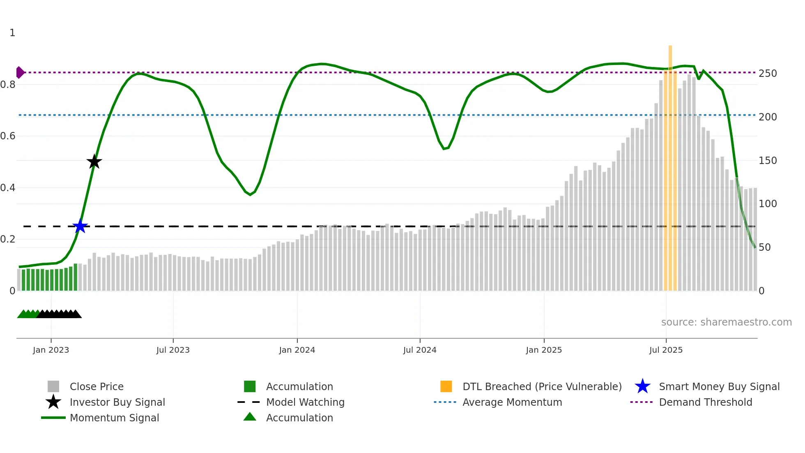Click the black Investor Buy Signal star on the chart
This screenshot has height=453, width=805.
[x=94, y=162]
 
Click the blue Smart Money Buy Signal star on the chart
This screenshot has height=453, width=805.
[x=80, y=226]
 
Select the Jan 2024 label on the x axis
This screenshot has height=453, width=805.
[x=297, y=350]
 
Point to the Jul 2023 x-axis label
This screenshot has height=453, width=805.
[x=173, y=350]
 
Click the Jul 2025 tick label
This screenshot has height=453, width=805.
[x=666, y=350]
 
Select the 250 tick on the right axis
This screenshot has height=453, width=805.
[x=768, y=74]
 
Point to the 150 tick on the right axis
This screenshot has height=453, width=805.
[x=768, y=161]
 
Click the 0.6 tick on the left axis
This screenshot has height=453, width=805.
[x=8, y=136]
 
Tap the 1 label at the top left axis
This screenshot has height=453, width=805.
[x=12, y=33]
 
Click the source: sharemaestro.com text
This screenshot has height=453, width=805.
[x=726, y=322]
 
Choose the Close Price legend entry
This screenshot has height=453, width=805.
[x=97, y=386]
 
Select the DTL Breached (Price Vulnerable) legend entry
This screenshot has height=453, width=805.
[x=542, y=386]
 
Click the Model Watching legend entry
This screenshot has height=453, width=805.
[x=305, y=402]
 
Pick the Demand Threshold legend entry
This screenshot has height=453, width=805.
[x=705, y=402]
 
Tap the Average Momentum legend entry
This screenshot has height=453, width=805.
[x=512, y=402]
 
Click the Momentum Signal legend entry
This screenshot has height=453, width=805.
[x=114, y=418]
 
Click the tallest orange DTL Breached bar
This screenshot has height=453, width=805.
[x=670, y=164]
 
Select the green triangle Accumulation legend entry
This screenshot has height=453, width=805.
[x=299, y=418]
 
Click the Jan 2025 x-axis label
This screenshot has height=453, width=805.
[x=544, y=350]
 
